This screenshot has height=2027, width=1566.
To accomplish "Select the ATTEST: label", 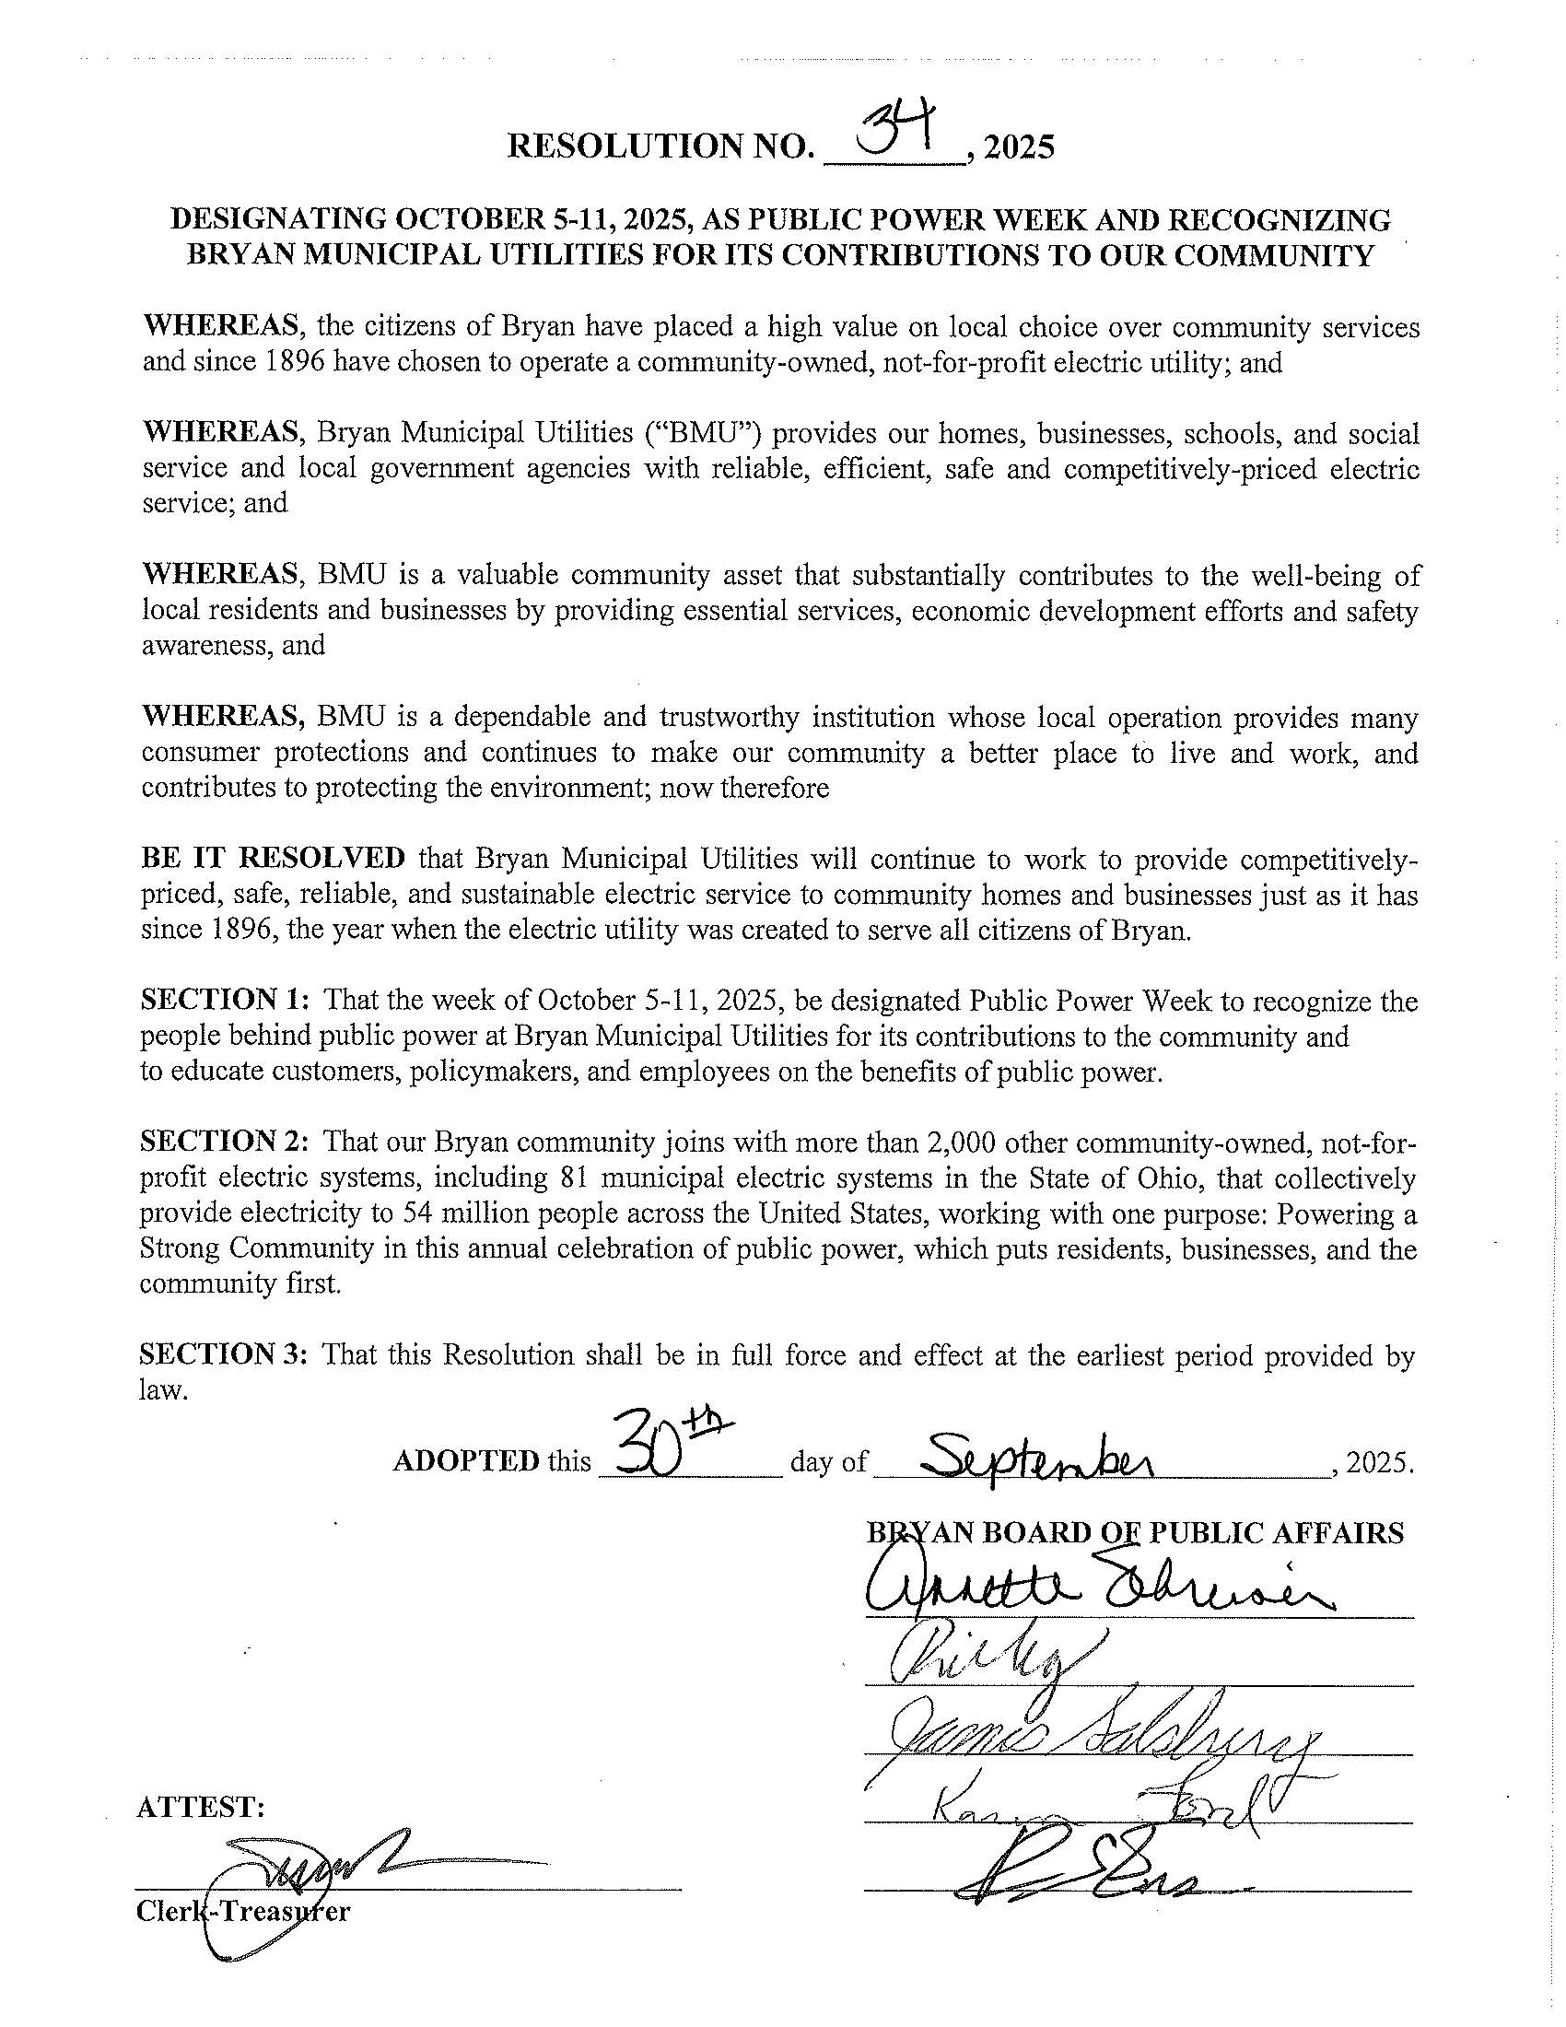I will click(201, 1807).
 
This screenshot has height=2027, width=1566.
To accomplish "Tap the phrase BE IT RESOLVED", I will click(273, 858).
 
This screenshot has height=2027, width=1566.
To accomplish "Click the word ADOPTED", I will click(466, 1461).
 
